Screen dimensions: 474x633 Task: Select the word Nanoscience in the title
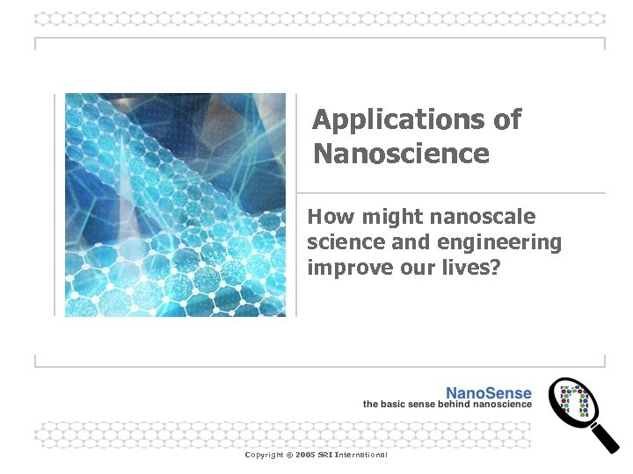401,154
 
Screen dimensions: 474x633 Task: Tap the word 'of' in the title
507,119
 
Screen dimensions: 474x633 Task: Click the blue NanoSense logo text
489,392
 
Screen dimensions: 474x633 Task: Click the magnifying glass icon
576,403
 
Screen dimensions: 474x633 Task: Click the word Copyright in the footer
264,455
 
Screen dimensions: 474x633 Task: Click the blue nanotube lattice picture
175,205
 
